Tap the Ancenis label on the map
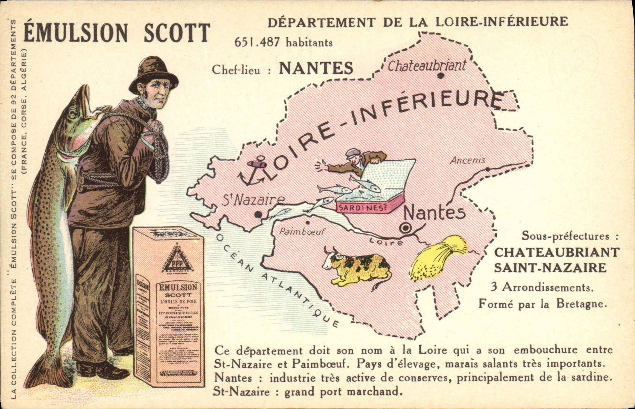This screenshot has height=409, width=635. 468,160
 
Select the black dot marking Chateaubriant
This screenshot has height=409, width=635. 440,76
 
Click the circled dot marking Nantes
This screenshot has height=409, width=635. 405,228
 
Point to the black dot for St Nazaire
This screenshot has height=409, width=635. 259,214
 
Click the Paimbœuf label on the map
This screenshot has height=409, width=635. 302,232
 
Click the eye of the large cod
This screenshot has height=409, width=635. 73,113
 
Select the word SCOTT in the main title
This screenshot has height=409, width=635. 177,33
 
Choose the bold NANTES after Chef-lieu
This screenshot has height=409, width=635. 316,68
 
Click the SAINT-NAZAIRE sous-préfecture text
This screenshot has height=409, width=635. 550,268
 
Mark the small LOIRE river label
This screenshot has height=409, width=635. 386,242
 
